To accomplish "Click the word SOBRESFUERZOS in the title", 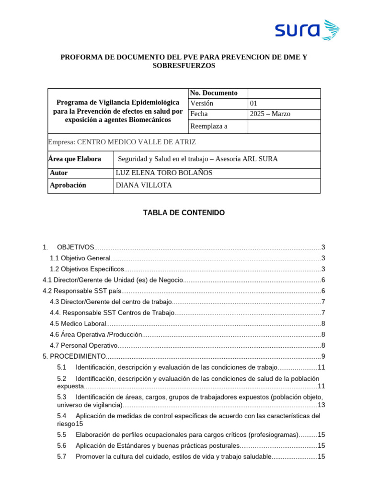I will pyautogui.click(x=184, y=66).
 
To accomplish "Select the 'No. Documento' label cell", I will pyautogui.click(x=214, y=93).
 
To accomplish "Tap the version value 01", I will pyautogui.click(x=254, y=104).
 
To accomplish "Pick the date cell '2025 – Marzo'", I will pyautogui.click(x=270, y=114).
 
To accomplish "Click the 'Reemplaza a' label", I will pyautogui.click(x=209, y=127).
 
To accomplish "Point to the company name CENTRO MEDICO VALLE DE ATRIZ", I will pyautogui.click(x=137, y=142).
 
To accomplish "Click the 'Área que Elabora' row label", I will pyautogui.click(x=75, y=159).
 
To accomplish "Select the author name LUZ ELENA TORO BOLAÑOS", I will pyautogui.click(x=164, y=173).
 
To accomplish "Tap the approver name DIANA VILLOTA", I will pyautogui.click(x=144, y=186).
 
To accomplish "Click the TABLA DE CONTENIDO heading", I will pyautogui.click(x=184, y=213).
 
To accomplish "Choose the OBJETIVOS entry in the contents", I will pyautogui.click(x=75, y=247).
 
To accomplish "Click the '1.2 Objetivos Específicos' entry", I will pyautogui.click(x=87, y=269).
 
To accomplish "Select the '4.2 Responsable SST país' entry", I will pyautogui.click(x=82, y=291).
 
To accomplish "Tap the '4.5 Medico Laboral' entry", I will pyautogui.click(x=78, y=324).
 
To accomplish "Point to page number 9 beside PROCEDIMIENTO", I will pyautogui.click(x=323, y=356).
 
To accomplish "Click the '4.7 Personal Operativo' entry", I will pyautogui.click(x=84, y=345).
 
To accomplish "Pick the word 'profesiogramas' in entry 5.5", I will pyautogui.click(x=273, y=435).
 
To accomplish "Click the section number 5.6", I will pyautogui.click(x=61, y=446).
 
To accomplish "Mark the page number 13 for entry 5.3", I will pyautogui.click(x=322, y=405).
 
